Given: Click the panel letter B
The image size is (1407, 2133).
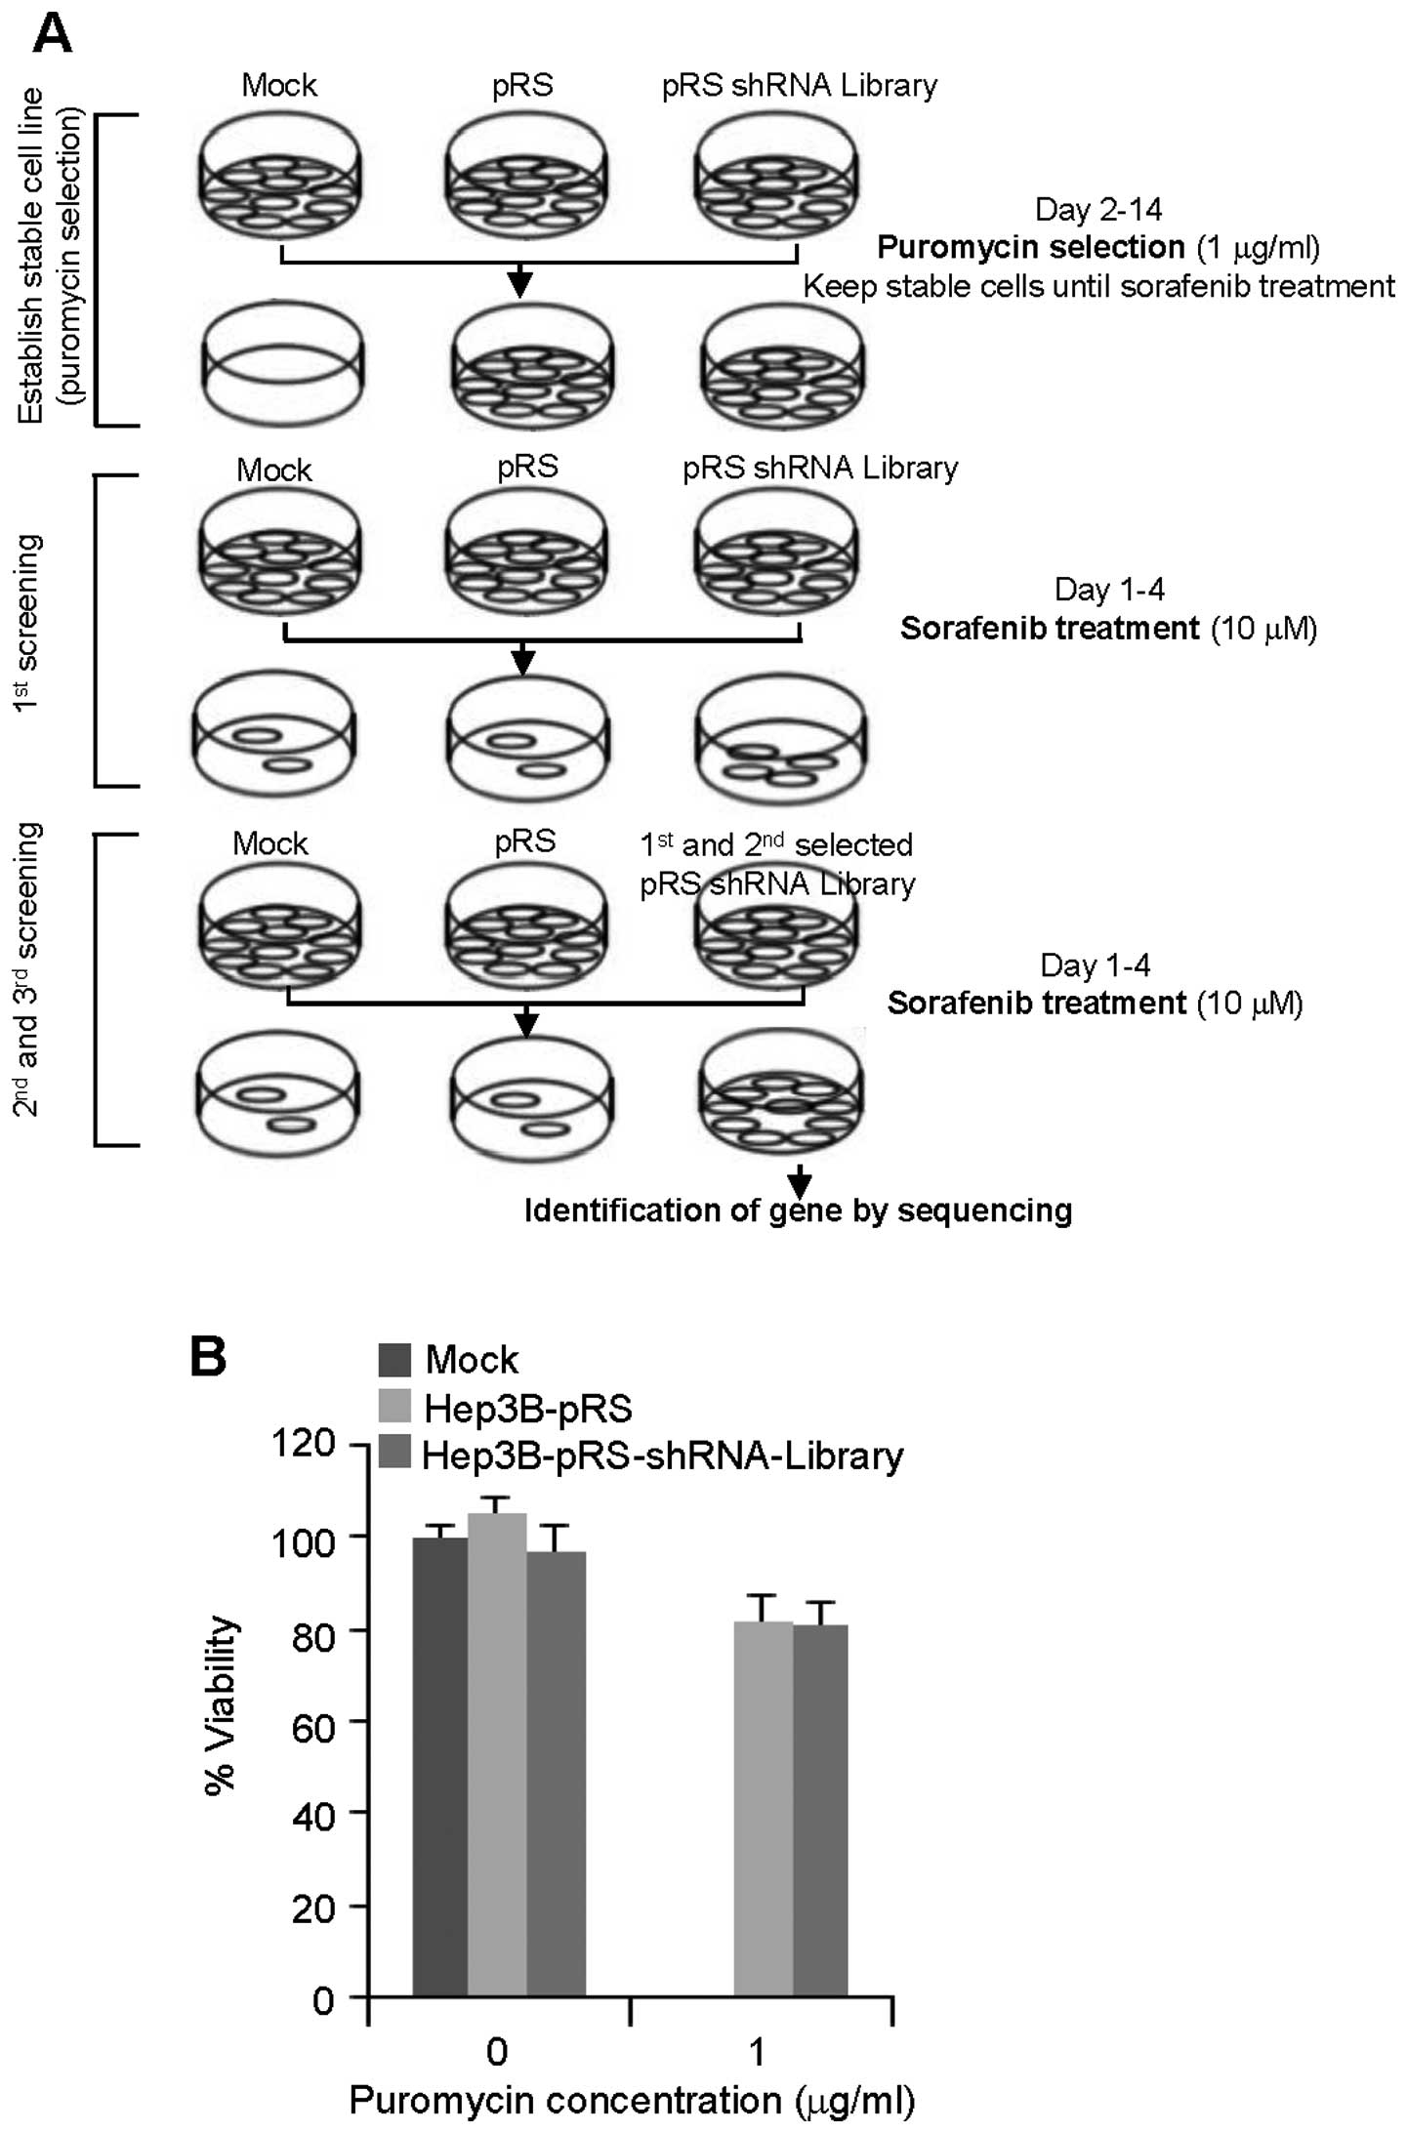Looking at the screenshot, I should tap(208, 1356).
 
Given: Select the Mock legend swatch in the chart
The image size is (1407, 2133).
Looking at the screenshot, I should tap(394, 1360).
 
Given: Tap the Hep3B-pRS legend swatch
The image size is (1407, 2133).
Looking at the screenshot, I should tap(394, 1408).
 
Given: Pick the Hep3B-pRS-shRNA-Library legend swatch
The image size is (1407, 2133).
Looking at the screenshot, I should tap(394, 1454).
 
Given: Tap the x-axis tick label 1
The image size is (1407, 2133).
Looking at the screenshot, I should tap(757, 2052).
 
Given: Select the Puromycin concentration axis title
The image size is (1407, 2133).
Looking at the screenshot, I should tap(632, 2100).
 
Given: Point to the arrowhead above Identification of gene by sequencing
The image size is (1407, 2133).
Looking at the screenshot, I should tap(800, 1183).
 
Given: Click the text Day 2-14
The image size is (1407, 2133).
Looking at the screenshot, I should tap(1098, 210).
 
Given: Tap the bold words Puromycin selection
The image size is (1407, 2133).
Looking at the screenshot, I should tap(1030, 248).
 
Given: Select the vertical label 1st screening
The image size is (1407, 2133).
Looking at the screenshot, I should tap(28, 625).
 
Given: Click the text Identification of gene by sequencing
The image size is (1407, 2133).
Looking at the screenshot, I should tap(798, 1211).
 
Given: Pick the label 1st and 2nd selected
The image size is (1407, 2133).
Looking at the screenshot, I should tap(776, 844).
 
